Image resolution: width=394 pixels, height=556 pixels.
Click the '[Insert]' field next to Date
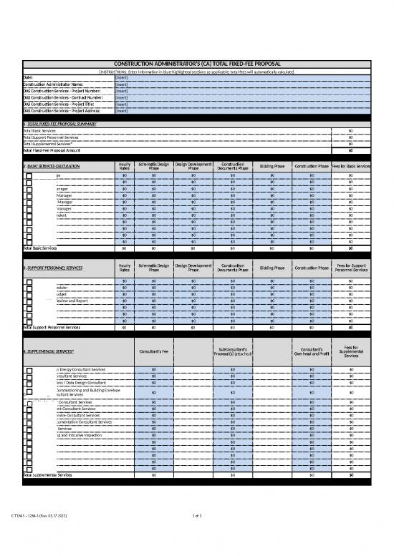(x=122, y=78)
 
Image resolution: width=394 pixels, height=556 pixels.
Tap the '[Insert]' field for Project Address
(x=122, y=111)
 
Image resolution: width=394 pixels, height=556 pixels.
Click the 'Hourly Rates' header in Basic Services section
(x=125, y=166)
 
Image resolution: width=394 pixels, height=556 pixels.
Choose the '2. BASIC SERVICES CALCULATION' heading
(x=54, y=166)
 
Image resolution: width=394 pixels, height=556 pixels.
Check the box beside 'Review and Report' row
(x=29, y=301)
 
